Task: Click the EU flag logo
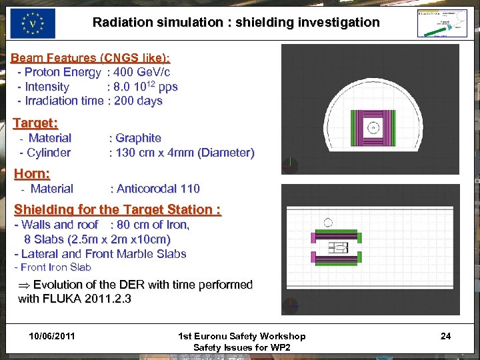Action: click(33, 23)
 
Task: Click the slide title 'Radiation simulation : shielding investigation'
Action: click(236, 23)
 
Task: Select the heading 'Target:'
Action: click(36, 123)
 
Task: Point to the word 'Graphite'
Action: click(138, 138)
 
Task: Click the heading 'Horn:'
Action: click(32, 173)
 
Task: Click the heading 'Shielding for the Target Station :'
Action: click(117, 209)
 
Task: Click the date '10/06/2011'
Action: click(52, 336)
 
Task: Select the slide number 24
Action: click(445, 336)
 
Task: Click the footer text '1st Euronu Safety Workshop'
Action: click(242, 336)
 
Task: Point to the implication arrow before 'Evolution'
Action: click(24, 285)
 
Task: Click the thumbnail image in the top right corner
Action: click(442, 23)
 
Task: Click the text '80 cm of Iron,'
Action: click(153, 225)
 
